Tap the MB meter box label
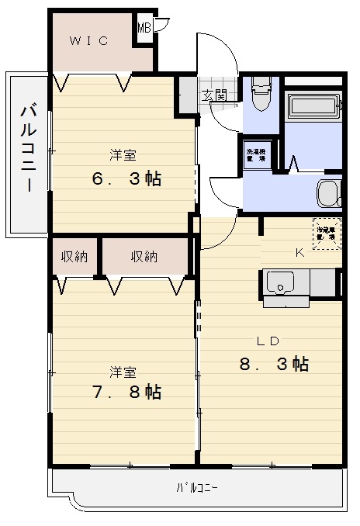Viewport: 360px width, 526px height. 144,29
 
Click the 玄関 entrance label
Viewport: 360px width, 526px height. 216,95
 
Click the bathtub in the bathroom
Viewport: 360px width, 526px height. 313,107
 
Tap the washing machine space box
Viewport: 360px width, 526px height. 255,154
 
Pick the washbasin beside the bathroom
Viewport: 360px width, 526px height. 329,191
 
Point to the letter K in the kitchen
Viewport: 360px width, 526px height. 299,252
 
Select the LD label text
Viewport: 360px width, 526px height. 268,340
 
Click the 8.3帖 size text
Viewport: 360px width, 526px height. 275,364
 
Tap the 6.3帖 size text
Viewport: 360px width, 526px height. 126,179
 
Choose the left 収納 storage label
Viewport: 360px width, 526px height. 74,257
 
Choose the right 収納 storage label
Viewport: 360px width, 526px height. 144,257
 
